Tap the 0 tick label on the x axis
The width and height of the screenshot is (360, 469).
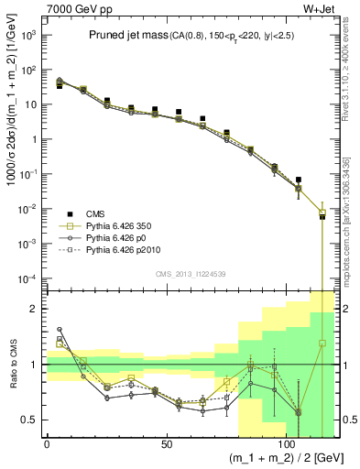[x=47, y=445]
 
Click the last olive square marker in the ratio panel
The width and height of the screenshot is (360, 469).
[x=322, y=344]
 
